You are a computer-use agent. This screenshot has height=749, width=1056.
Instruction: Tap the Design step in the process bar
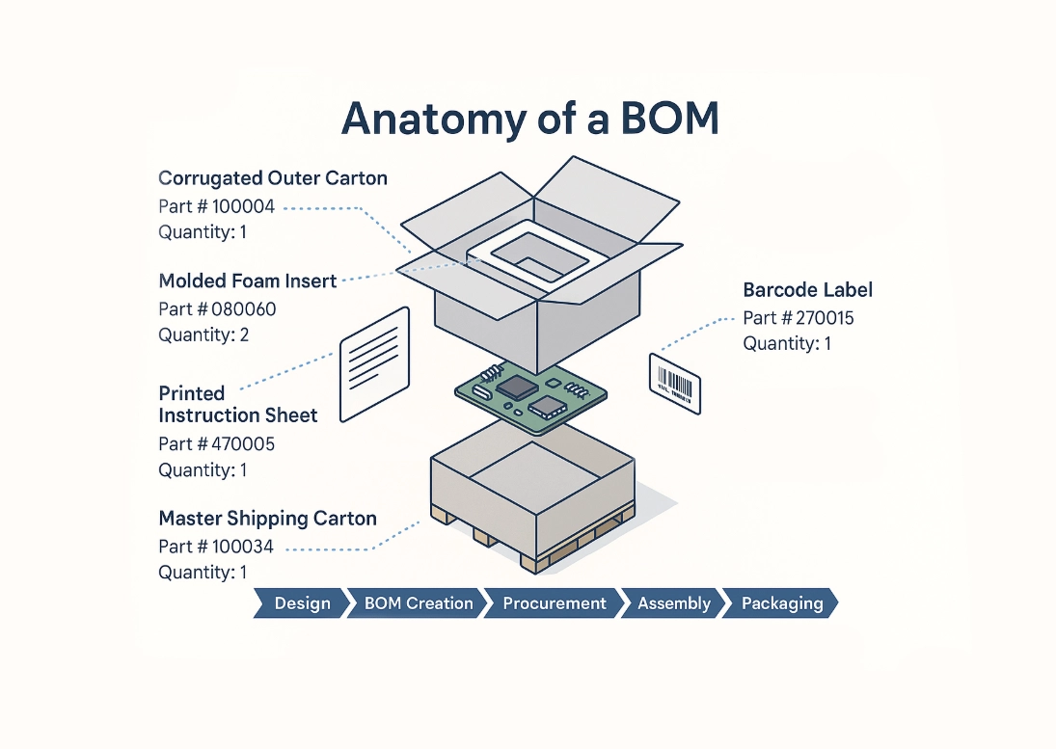(301, 603)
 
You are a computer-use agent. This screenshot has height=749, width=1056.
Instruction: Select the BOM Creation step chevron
(418, 603)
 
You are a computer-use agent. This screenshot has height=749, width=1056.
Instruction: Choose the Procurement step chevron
(554, 603)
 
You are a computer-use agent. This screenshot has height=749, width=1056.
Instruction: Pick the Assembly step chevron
(673, 603)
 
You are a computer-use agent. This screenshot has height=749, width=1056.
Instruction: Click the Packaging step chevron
(781, 603)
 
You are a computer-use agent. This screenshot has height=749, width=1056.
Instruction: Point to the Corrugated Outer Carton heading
(273, 177)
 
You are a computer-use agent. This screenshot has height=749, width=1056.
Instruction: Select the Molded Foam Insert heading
(248, 281)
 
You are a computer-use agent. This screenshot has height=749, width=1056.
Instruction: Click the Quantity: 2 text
(203, 334)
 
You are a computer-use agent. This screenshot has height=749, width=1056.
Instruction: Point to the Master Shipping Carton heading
(267, 519)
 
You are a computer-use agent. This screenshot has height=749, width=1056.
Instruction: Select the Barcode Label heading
(807, 289)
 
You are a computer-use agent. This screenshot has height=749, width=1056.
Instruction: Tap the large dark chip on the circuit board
(517, 388)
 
